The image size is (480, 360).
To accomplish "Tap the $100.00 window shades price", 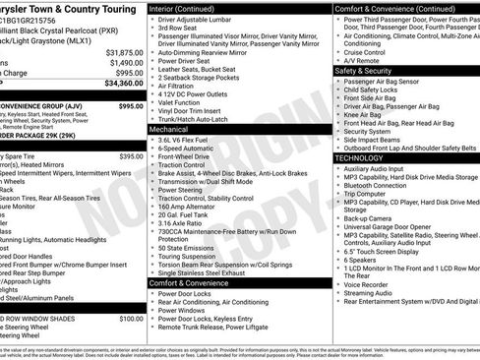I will (131, 319).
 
